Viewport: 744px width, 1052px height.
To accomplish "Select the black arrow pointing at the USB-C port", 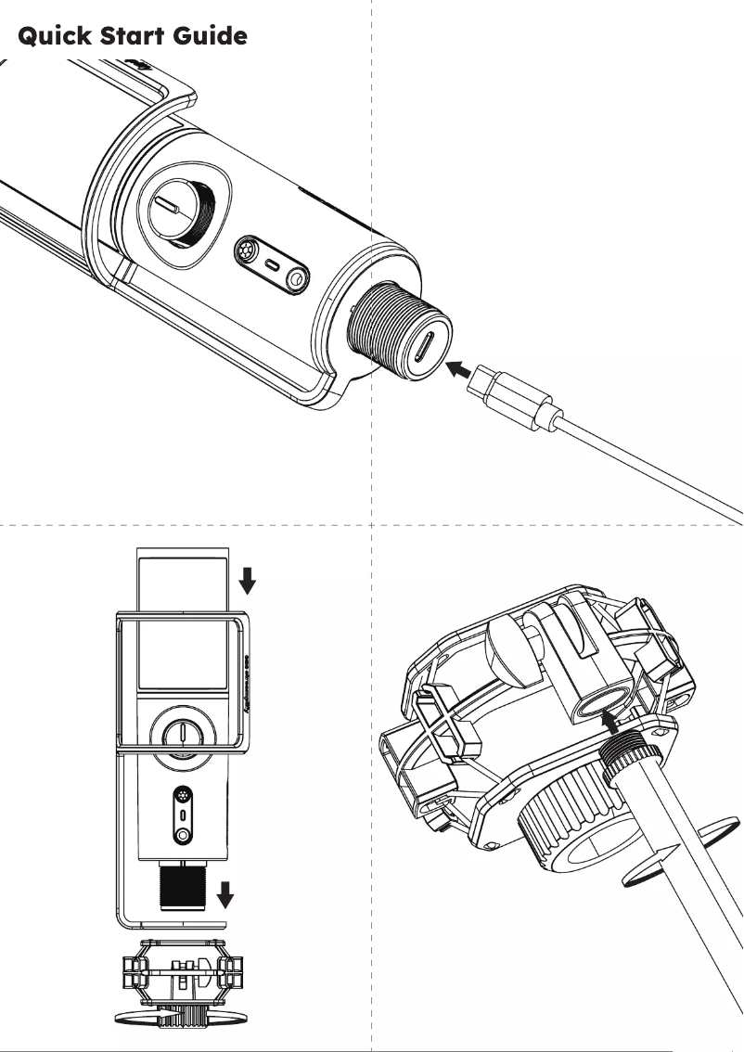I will (457, 369).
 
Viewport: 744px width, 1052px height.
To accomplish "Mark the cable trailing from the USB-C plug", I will (649, 464).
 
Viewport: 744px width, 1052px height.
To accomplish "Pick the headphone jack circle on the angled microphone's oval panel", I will (296, 277).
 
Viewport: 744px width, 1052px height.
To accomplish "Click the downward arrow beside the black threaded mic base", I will (225, 896).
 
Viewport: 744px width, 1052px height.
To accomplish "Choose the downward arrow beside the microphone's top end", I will (247, 580).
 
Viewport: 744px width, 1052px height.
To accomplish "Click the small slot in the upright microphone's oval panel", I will (183, 815).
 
